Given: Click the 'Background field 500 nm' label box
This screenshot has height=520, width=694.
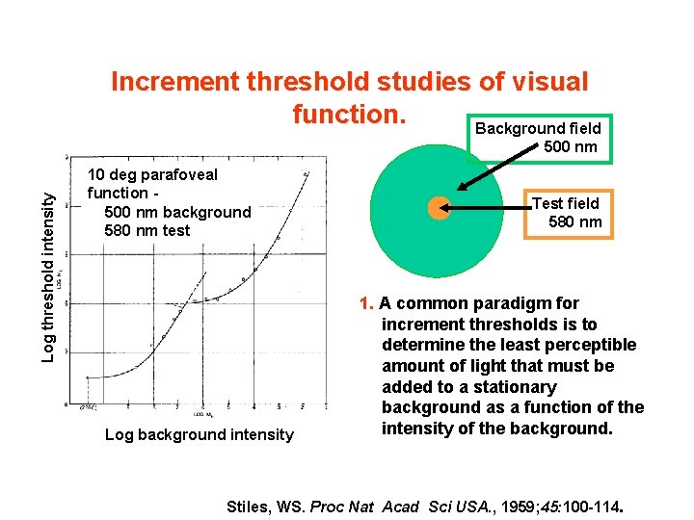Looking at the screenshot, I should (x=537, y=138).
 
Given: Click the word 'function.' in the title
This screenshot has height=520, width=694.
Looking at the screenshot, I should (x=349, y=115).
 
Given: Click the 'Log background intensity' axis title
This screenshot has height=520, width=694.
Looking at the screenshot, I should (x=199, y=434).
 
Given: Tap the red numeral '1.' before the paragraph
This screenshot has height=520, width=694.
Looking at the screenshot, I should (x=366, y=303).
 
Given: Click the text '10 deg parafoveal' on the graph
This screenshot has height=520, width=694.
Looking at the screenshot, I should (x=152, y=174).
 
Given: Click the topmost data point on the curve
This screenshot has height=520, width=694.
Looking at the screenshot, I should (x=306, y=174).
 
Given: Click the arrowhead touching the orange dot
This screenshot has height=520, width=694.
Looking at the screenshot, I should (x=454, y=207).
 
